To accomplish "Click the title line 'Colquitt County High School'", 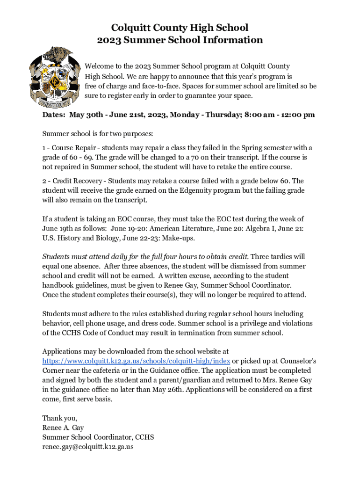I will pos(180,28).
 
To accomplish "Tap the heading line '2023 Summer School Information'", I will pos(180,40).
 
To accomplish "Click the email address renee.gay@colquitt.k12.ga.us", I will pos(88,447).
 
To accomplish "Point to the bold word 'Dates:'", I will pos(53,115).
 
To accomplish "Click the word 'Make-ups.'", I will pos(180,238).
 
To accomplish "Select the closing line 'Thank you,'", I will pos(60,418).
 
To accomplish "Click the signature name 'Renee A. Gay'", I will pos(63,428).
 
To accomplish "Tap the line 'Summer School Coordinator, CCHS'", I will pos(98,437).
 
